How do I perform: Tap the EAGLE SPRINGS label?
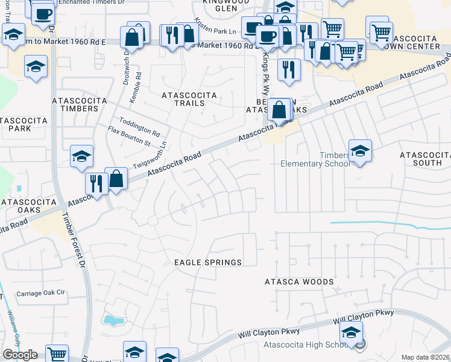pos(208,262)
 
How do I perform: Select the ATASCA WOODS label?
pos(299,282)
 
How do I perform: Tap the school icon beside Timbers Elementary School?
pos(360,152)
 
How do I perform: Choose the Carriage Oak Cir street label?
pos(40,293)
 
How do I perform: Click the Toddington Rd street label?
pos(139,127)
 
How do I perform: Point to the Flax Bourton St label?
pos(129,137)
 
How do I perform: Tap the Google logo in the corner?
pos(20,355)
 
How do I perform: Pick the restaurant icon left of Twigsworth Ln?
pos(96,182)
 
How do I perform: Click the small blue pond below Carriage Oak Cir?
pos(112,320)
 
